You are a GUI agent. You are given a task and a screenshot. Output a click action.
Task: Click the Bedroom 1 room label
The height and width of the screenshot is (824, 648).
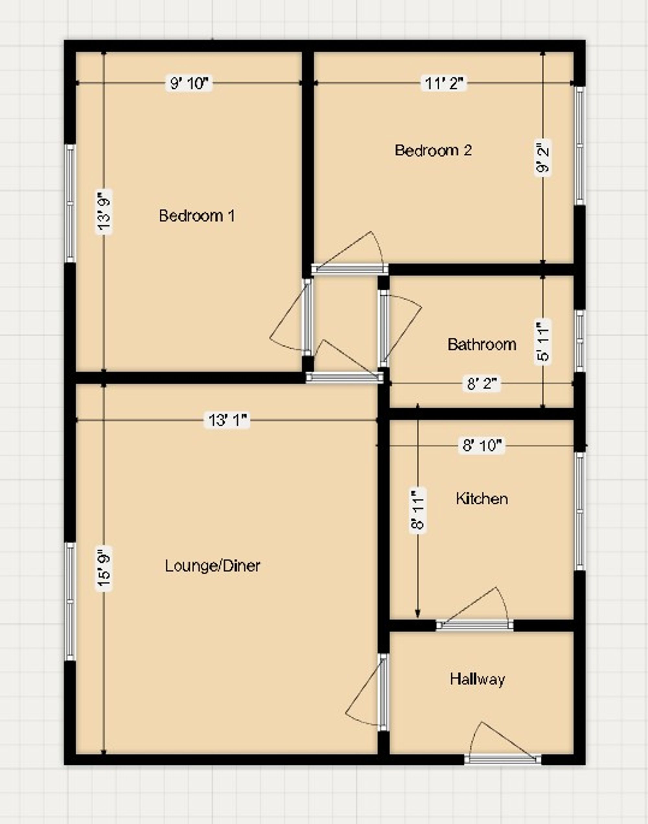(x=197, y=216)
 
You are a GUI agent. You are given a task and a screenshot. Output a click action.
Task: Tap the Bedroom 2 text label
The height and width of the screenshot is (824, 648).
(x=433, y=150)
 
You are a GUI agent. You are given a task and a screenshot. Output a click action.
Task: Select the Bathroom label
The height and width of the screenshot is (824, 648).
(x=482, y=344)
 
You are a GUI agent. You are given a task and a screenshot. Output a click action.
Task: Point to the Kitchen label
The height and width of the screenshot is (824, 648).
(x=482, y=498)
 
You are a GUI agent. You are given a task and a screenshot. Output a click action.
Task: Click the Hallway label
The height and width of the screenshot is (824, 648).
(x=477, y=679)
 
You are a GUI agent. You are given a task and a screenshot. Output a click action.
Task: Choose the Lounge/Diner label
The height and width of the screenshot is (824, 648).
(x=213, y=566)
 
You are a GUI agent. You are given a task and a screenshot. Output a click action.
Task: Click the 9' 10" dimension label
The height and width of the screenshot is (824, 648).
(x=189, y=83)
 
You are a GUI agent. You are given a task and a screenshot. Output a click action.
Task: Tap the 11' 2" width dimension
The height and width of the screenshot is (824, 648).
(x=444, y=83)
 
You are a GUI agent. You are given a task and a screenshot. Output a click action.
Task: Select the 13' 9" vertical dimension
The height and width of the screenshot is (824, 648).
(x=104, y=212)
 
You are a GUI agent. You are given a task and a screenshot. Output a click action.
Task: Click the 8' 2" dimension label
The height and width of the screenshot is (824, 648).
(x=482, y=384)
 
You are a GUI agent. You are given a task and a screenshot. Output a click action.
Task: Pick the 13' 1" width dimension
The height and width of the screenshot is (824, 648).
(x=227, y=420)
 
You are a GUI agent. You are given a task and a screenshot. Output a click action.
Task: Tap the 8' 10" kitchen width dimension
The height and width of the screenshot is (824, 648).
(x=482, y=445)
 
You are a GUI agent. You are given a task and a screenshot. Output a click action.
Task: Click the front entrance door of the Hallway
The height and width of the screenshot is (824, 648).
(x=503, y=759)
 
